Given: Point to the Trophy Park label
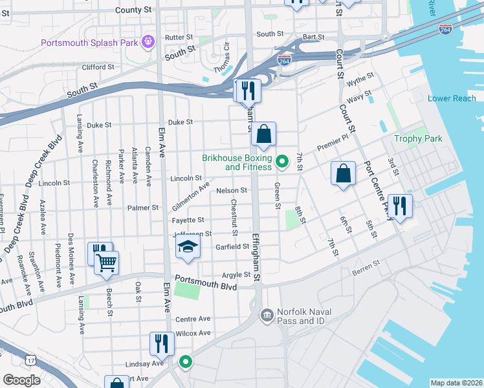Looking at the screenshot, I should [x=419, y=138].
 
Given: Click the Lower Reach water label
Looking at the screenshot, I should [x=452, y=98].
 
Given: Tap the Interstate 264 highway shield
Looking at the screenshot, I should [x=284, y=59].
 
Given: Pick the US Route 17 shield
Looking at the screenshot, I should [x=30, y=358].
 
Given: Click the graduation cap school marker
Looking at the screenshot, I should [x=188, y=246].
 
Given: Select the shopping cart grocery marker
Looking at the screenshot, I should [x=106, y=263].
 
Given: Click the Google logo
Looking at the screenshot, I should [x=21, y=380].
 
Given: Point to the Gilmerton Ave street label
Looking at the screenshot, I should [x=191, y=196].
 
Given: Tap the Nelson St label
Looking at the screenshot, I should [x=232, y=190].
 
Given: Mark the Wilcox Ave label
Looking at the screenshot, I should [x=193, y=333].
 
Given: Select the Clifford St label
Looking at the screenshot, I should [x=98, y=67].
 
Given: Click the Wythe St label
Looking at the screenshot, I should [x=360, y=78].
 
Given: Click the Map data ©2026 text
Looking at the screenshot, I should [x=456, y=383].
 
